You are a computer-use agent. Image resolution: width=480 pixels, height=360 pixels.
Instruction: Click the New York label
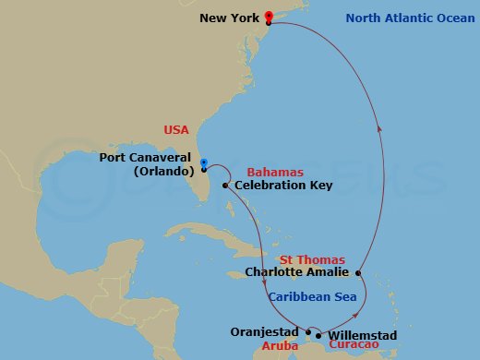coord(225,18)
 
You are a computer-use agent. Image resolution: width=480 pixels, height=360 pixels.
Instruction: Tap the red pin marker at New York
coord(268,17)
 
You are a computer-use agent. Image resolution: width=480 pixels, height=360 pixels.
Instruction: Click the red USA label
coord(176,130)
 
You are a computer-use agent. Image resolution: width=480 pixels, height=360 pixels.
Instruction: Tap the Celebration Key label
coord(283,186)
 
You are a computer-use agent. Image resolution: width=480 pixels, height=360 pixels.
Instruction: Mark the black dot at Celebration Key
coord(228,186)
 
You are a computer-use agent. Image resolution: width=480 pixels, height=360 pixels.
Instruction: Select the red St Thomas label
coord(315,259)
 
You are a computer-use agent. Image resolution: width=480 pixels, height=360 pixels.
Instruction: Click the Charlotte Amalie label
coord(297,272)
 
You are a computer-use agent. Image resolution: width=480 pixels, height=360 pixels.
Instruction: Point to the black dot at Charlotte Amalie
coord(357,272)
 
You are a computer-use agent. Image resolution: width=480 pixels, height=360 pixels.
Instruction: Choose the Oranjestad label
coord(267,330)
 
